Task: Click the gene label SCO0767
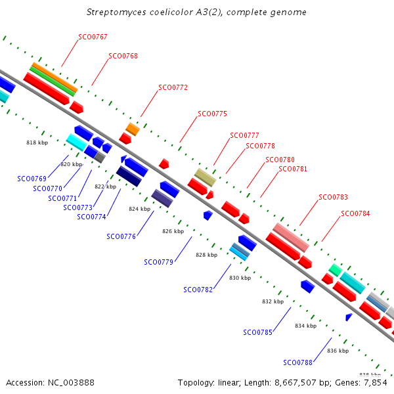pos(93,37)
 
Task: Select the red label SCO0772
pos(173,87)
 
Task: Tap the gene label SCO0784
pos(355,213)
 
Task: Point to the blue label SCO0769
pos(32,179)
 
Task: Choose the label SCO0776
pos(121,236)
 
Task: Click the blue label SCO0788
pos(297,362)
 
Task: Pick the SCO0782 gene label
pos(198,290)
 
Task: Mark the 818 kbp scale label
pos(37,142)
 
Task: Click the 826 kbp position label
pos(173,231)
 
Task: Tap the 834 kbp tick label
pos(306,326)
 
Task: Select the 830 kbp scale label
pos(240,278)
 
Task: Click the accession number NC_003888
pos(71,383)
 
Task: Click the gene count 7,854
pos(374,383)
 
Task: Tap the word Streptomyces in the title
pos(116,12)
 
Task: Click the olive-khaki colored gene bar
pos(206,177)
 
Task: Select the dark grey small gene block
pos(100,157)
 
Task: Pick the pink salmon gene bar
pos(291,238)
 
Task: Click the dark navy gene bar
pos(129,176)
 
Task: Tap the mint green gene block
pos(336,270)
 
